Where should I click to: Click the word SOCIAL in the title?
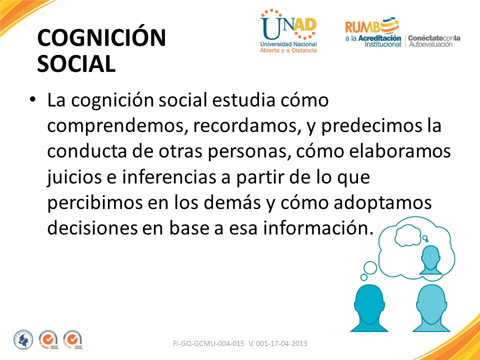(76, 64)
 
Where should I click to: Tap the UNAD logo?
(288, 31)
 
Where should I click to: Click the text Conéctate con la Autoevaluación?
(434, 41)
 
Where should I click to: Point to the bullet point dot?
(33, 99)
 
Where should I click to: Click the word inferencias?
(169, 177)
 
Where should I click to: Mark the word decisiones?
(92, 228)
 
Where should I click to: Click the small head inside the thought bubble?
(430, 260)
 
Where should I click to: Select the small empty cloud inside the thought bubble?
(407, 235)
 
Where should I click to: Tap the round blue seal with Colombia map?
(23, 340)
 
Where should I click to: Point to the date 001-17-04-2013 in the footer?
(281, 343)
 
